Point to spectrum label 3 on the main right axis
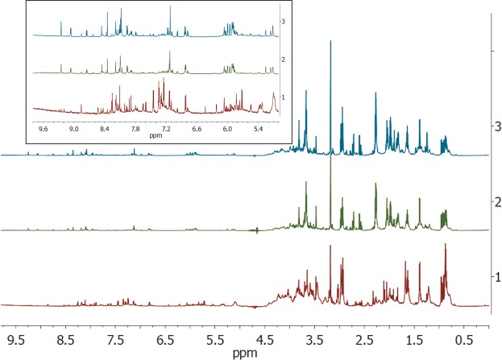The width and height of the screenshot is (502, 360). click(x=500, y=126)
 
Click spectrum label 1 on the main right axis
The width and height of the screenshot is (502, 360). click(x=500, y=276)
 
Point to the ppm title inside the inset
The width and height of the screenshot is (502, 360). click(x=151, y=134)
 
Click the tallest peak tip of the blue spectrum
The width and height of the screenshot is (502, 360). click(x=331, y=41)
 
